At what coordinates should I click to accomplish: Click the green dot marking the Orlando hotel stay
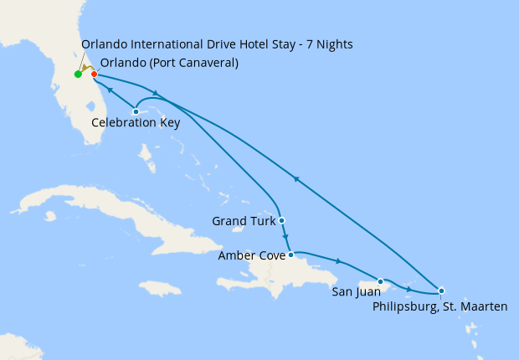[x=78, y=75]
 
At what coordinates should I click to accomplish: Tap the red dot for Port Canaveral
[x=95, y=75]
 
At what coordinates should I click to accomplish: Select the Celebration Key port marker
[x=136, y=111]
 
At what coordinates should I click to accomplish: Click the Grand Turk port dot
[x=282, y=221]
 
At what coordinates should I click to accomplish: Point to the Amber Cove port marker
[x=290, y=255]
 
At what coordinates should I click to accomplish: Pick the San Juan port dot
[x=381, y=281]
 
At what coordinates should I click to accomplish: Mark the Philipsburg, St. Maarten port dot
[x=441, y=291]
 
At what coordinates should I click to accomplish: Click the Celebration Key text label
[x=135, y=123]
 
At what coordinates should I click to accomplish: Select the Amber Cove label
[x=250, y=255]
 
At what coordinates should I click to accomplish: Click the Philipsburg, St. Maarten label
[x=439, y=307]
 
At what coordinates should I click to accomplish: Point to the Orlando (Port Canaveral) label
[x=168, y=63]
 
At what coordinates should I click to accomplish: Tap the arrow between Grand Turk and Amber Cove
[x=285, y=238]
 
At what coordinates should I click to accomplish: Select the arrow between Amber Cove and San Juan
[x=338, y=261]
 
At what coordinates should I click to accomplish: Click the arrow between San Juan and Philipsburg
[x=409, y=289]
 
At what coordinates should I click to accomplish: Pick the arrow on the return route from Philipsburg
[x=295, y=177]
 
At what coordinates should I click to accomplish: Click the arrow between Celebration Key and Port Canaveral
[x=110, y=90]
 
